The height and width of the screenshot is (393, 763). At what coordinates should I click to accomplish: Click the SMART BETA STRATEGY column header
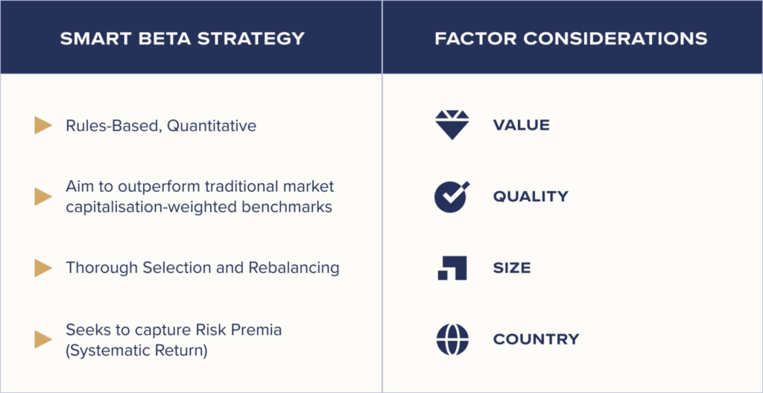click(183, 39)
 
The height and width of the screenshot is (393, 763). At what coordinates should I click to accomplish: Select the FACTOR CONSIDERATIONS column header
click(572, 39)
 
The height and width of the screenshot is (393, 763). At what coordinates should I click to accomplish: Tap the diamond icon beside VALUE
click(452, 125)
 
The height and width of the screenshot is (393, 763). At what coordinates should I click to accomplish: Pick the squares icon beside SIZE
click(452, 268)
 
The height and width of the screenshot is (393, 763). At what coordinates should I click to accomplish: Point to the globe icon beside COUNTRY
click(452, 339)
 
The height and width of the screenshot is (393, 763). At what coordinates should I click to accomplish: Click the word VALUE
click(521, 125)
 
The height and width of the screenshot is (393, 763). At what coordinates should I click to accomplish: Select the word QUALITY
click(531, 197)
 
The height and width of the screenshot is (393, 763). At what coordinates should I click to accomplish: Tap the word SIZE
click(511, 268)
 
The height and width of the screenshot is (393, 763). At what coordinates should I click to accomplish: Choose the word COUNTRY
click(536, 339)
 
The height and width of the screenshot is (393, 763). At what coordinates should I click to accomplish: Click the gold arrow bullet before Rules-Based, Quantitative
click(43, 125)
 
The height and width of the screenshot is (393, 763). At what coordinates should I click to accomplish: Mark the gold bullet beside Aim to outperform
click(43, 196)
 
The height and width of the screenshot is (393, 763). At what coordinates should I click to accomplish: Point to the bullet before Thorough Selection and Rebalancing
click(43, 268)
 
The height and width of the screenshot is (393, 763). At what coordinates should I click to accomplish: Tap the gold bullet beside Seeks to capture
click(43, 339)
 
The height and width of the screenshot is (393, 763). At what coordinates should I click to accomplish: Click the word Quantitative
click(211, 126)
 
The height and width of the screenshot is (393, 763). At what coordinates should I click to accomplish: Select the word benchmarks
click(287, 207)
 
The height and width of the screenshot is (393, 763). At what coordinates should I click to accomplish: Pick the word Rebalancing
click(294, 268)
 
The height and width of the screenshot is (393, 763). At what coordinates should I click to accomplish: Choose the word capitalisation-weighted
click(151, 207)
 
